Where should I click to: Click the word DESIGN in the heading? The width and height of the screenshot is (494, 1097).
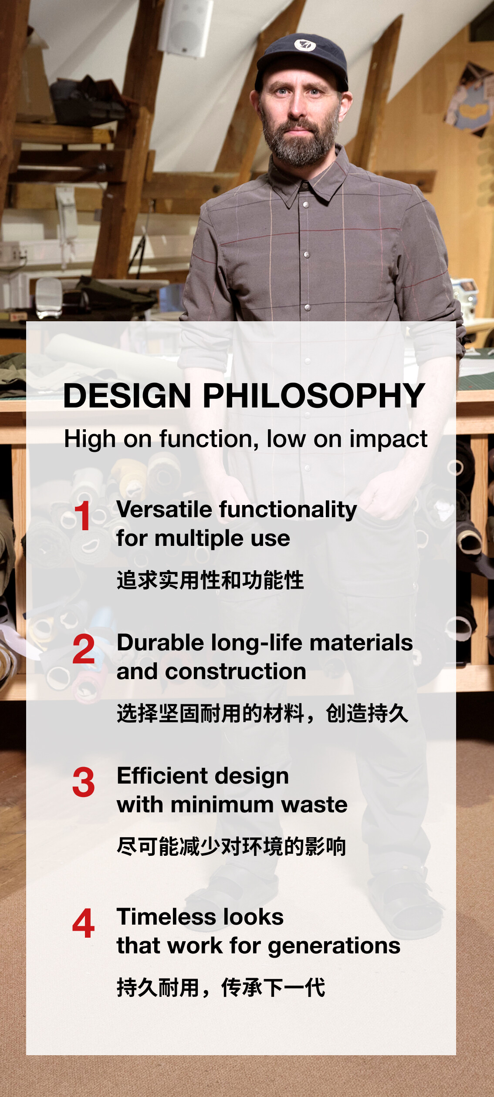coord(127,396)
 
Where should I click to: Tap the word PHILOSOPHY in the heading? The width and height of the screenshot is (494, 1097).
coord(314,396)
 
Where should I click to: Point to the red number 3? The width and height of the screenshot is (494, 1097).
coord(84,782)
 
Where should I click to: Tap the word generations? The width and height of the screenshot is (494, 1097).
coord(334,946)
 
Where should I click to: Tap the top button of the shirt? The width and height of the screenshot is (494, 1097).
coord(306,204)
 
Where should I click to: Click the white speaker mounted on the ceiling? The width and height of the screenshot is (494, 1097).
coord(185,27)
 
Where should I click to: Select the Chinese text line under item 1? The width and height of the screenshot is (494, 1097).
coord(210,580)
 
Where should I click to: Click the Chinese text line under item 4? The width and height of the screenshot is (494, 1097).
coord(221,988)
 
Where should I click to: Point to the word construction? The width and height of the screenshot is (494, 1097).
coord(236,672)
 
